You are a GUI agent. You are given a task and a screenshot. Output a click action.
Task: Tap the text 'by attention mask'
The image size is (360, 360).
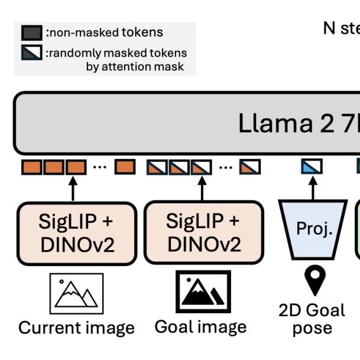coord(135,66)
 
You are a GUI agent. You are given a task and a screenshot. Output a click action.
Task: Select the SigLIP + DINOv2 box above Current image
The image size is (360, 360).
coord(76,233)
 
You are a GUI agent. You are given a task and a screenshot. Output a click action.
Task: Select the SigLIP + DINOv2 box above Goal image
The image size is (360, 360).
coord(203,233)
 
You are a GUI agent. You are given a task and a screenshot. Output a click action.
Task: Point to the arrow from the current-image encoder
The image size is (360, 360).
coord(73,188)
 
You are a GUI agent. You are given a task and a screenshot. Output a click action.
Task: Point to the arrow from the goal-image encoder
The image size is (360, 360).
coord(201,188)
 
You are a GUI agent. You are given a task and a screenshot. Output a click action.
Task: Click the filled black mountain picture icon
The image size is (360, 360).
coord(202,292)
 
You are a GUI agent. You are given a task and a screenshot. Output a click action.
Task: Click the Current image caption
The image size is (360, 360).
coord(76,327)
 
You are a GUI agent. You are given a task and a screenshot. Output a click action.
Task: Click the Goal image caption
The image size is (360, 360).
coord(200,326)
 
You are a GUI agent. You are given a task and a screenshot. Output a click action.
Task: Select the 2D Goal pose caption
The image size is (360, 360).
coord(312,319)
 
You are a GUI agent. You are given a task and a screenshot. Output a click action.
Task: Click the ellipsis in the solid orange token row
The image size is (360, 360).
coord(100,167)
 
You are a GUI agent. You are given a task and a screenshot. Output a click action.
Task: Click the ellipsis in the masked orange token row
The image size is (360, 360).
coord(226,167)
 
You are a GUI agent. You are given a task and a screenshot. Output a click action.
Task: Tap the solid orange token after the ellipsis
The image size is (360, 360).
coord(125,167)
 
